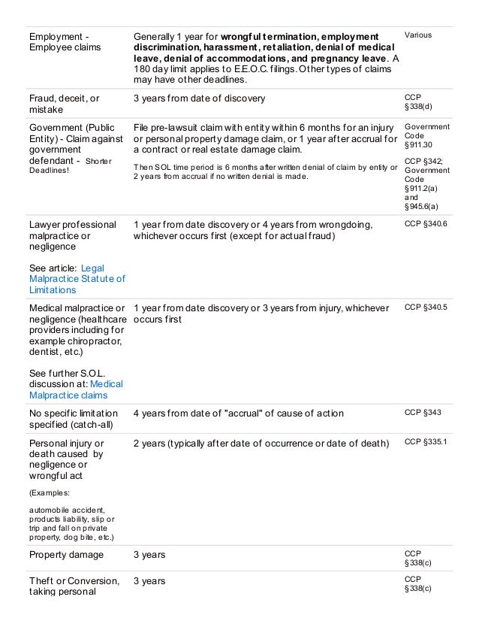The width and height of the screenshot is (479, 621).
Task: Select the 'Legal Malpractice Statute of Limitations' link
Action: (x=77, y=278)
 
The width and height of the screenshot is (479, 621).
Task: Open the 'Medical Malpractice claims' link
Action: (x=76, y=389)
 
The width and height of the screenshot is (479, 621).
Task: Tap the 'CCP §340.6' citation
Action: (x=426, y=225)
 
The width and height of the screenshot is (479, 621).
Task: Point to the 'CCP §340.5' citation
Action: (x=426, y=307)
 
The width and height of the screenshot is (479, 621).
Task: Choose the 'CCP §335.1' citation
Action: (x=426, y=442)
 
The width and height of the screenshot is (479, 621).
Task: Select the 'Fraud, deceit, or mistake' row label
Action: (x=64, y=104)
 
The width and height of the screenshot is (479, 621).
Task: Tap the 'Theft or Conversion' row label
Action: (x=74, y=581)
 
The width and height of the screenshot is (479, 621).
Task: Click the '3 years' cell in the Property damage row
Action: (x=149, y=555)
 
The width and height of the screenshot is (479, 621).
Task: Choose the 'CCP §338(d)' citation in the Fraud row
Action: (x=417, y=104)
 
